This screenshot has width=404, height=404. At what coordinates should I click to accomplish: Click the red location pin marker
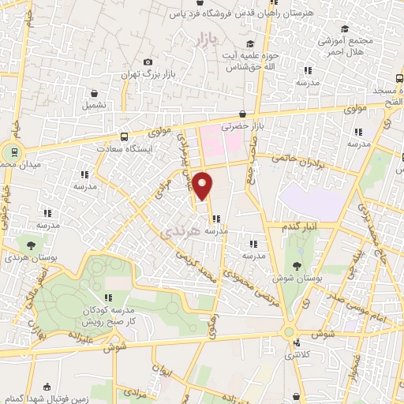point(203,185)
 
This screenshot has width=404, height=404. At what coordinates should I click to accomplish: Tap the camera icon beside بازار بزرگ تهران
point(148,62)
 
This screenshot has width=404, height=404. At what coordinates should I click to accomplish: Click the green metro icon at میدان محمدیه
point(12,151)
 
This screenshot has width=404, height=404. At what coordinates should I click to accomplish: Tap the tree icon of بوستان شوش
point(297,265)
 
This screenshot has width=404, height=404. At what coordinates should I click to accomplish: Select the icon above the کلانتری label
point(297,343)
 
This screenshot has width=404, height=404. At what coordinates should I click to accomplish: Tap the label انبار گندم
point(301,226)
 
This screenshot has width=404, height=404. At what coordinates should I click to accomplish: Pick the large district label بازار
point(204,39)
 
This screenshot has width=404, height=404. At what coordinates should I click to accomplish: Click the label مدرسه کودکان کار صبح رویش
point(108,316)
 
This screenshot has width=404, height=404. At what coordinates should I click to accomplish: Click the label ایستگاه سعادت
point(124,148)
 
